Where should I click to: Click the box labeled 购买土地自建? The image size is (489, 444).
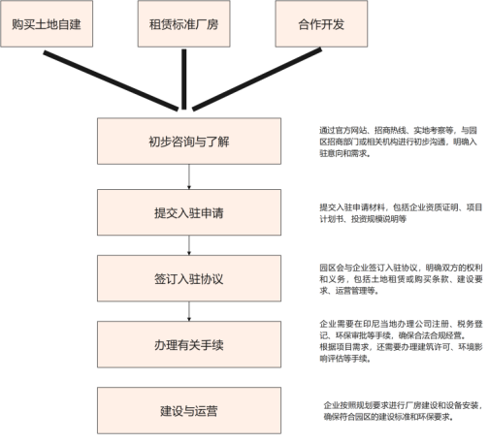47,23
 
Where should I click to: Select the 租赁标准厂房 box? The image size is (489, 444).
184,23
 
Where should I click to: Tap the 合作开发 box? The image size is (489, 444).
321,23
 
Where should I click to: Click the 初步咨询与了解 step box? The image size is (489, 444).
189,141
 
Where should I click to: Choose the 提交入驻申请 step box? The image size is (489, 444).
189,212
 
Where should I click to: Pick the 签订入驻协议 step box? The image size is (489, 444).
189,278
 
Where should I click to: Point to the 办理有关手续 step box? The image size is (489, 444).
189,344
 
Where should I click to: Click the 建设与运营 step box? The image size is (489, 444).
189,410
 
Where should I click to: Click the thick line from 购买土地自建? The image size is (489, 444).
111,80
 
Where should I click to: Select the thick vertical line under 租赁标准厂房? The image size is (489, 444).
184,79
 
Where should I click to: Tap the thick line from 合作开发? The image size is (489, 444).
257,79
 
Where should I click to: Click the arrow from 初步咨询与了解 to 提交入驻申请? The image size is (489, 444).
189,176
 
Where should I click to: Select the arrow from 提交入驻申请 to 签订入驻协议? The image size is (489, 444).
189,245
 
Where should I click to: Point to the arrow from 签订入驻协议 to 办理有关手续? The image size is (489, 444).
189,311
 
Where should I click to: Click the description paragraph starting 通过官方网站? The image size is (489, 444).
398,142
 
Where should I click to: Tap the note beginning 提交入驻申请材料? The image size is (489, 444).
401,213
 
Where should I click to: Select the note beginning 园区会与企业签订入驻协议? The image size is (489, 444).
401,279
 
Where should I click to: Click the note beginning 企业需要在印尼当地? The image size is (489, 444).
401,341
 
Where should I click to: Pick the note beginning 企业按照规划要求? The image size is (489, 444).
403,411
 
